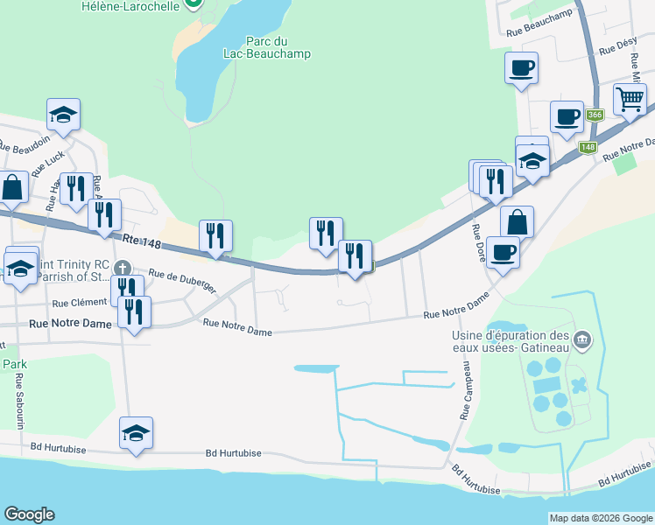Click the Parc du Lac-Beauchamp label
tap(278, 47)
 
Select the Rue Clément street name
tap(80, 304)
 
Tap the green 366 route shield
tap(595, 115)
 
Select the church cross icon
tap(123, 268)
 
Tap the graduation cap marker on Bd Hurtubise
tap(136, 433)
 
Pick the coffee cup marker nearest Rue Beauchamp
tap(521, 67)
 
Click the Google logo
tap(29, 514)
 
